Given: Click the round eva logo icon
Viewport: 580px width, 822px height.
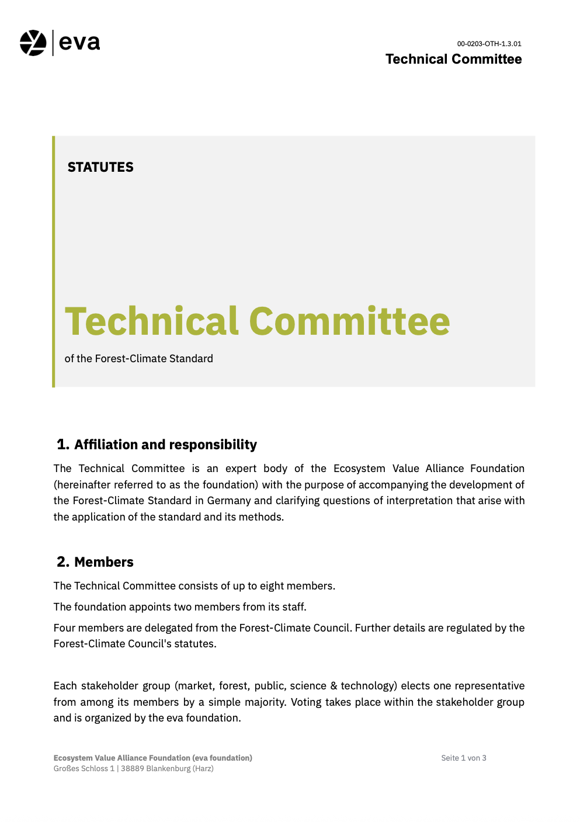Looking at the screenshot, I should [x=33, y=43].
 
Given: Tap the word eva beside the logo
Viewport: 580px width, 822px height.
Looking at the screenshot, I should [x=79, y=43].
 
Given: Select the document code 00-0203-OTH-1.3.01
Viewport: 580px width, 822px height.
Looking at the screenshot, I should [x=489, y=44].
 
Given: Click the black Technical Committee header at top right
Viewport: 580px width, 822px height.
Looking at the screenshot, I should [x=453, y=59].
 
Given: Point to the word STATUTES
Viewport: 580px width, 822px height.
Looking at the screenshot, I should [x=100, y=167].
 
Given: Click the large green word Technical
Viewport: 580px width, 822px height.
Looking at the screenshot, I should [x=151, y=321].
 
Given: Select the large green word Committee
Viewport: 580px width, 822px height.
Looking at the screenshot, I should [x=349, y=321].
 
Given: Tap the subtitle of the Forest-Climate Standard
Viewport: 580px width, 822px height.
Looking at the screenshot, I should [x=138, y=359].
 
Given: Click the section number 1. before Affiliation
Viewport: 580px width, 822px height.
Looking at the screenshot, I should [x=62, y=445].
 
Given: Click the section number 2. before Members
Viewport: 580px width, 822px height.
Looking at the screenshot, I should [x=63, y=562].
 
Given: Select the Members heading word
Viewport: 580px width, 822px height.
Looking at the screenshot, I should [x=104, y=562].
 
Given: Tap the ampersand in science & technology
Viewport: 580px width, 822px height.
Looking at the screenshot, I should [x=334, y=686].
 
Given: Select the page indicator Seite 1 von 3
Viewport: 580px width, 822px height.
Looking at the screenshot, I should [x=464, y=758].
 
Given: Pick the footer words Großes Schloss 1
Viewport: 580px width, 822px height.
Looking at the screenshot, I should [x=84, y=769].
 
